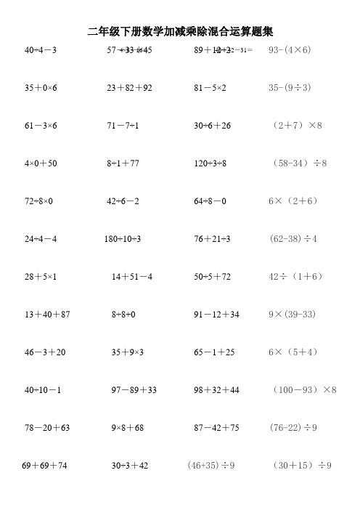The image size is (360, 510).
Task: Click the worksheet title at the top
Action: tap(179, 31)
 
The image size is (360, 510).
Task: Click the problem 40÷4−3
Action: tap(41, 50)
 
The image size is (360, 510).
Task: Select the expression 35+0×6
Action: tap(41, 88)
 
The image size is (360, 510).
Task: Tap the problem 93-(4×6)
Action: tap(290, 50)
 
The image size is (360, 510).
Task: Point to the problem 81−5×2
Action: tap(210, 88)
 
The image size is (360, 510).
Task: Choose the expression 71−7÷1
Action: tap(123, 126)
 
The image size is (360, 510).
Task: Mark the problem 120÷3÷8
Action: tap(210, 163)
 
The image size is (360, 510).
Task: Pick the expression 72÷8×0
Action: tap(39, 201)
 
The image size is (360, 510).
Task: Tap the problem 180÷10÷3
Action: tap(123, 239)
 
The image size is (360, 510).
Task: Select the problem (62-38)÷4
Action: tap(293, 239)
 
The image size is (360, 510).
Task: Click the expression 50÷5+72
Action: tap(212, 277)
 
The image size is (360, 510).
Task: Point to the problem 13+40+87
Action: tap(47, 315)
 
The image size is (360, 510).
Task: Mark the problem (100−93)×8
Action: tap(306, 390)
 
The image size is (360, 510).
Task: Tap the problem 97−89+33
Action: tap(134, 390)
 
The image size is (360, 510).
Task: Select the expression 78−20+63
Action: tap(47, 428)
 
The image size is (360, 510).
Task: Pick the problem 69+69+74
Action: tap(45, 466)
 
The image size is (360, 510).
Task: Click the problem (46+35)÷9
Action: tap(210, 466)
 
